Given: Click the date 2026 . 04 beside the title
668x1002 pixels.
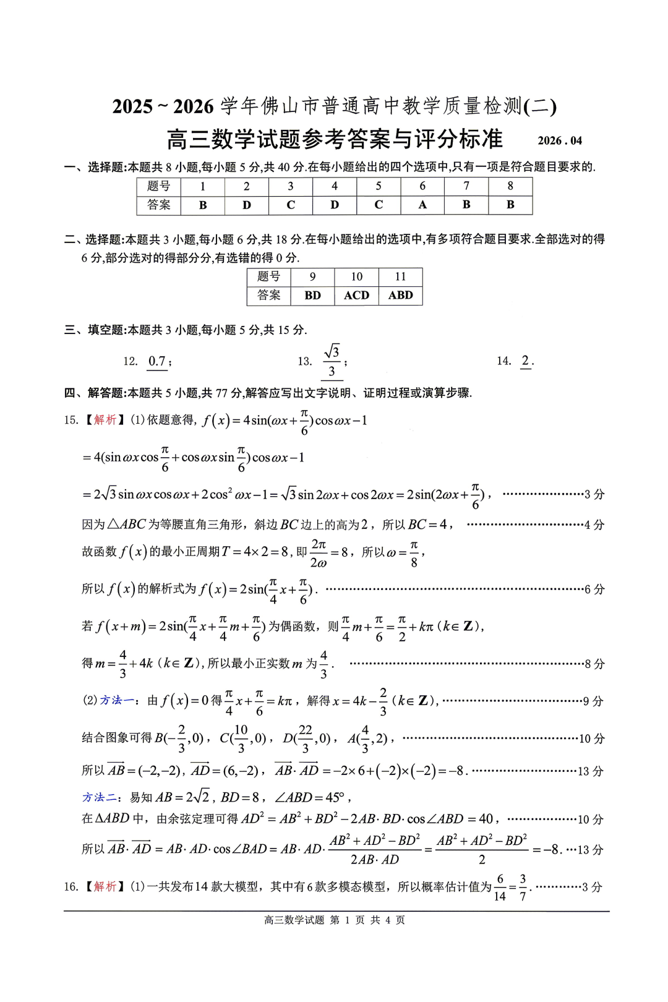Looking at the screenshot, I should coord(560,141).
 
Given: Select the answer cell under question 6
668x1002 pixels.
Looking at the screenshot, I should coord(422,205).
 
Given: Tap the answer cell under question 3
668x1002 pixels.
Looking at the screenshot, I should coord(291,205).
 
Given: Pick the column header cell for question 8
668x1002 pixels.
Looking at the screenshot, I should coord(510,186).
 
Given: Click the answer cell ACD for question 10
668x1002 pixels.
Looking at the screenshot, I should coord(356,296).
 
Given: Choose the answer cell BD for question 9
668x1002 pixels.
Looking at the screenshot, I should coord(312,296).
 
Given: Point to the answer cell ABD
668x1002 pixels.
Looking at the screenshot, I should coord(400,296).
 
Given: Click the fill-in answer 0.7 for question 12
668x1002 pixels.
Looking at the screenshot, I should coord(157,361).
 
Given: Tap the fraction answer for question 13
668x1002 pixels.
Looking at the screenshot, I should coord(332,361).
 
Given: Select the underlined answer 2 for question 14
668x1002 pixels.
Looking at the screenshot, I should coord(525,361).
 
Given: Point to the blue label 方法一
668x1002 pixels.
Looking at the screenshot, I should coord(117,700).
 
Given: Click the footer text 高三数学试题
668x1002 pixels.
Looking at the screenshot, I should coord(294,920).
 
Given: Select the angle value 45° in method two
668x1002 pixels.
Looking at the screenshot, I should coord(335,797).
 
